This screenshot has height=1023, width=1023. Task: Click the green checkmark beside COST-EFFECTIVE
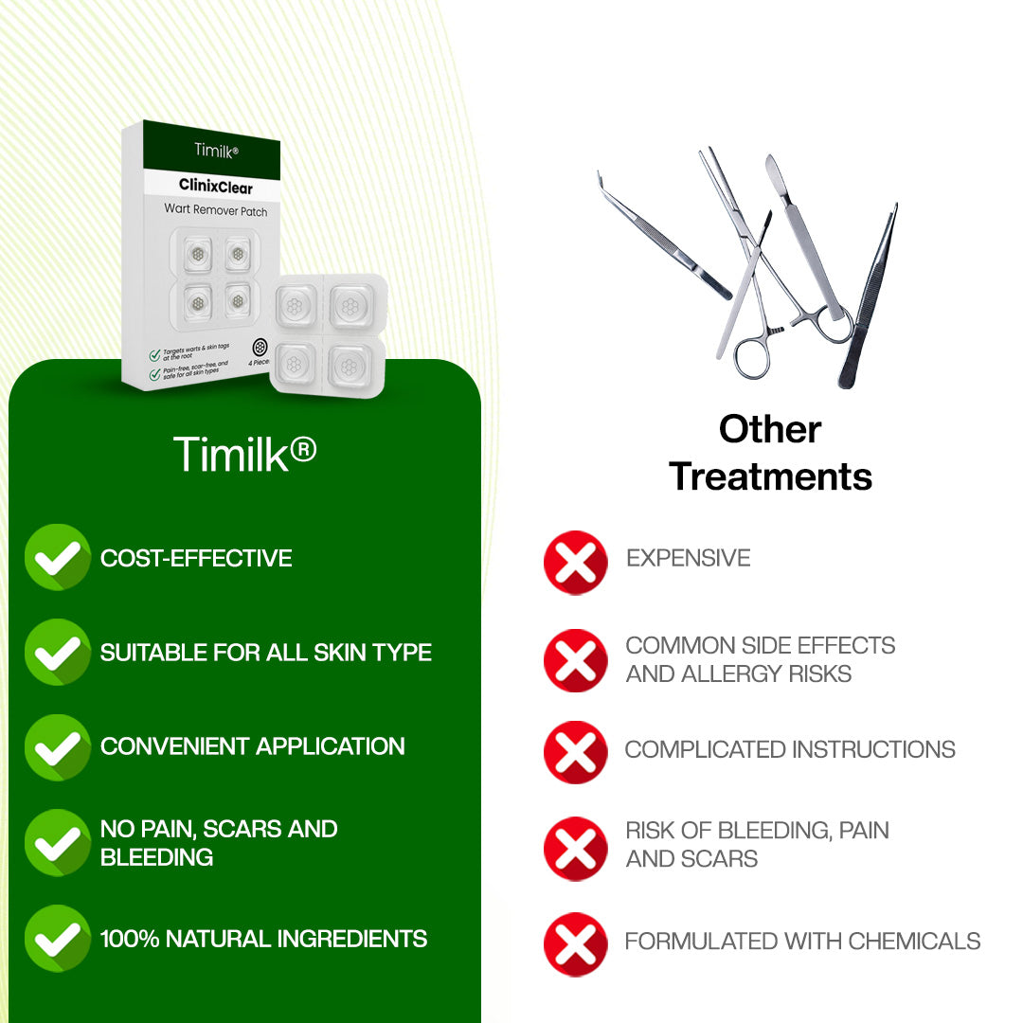[x=57, y=557]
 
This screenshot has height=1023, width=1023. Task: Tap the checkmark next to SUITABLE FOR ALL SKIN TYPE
[x=57, y=652]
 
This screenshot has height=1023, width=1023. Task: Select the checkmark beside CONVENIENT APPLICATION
[x=57, y=746]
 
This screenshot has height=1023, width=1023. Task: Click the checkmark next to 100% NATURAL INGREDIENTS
[x=57, y=938]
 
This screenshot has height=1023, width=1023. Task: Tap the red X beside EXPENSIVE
[x=575, y=563]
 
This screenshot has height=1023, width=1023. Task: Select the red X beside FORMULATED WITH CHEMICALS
[x=575, y=943]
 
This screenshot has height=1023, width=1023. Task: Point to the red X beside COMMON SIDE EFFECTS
[x=575, y=659]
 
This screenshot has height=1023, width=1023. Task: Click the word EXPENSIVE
[x=688, y=558]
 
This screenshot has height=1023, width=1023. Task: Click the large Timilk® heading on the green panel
[x=244, y=455]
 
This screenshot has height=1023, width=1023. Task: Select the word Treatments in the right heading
[x=770, y=476]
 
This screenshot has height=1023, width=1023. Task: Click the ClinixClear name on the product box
[x=216, y=187]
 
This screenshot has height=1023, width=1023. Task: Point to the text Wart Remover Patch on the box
[x=216, y=211]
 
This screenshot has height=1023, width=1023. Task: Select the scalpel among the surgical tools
[x=805, y=237]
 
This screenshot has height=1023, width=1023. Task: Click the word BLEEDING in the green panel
[x=156, y=857]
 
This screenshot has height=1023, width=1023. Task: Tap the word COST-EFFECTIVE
[x=196, y=558]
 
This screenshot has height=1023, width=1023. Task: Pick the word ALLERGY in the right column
[x=728, y=673]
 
